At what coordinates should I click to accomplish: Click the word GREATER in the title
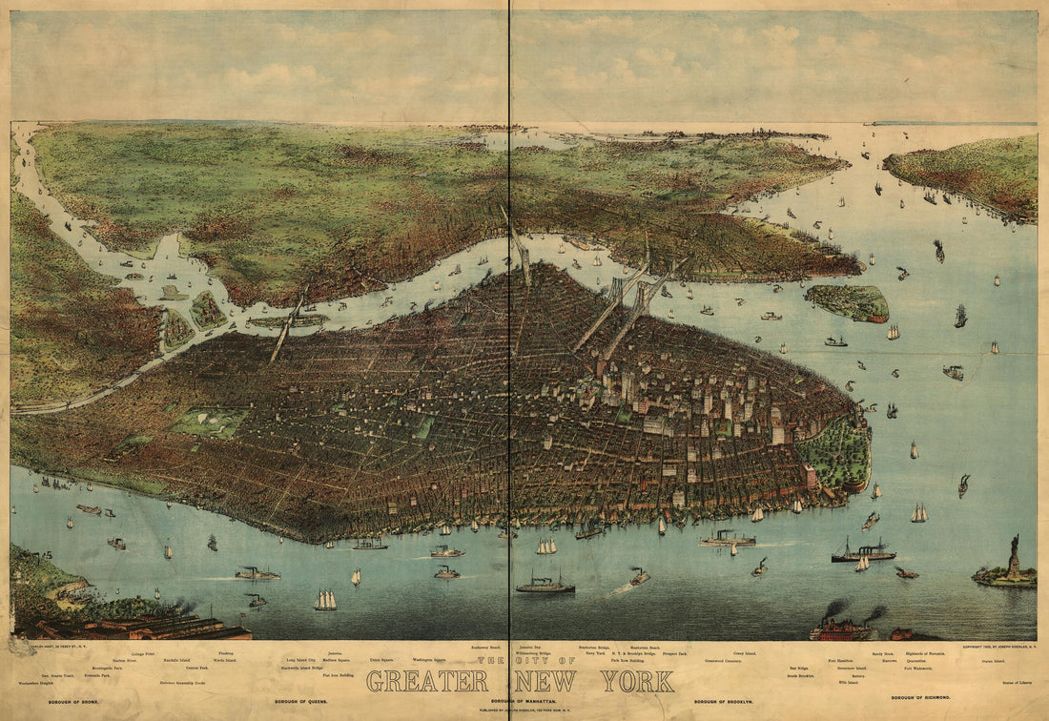(x=427, y=682)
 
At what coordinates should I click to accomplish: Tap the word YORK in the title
(x=637, y=682)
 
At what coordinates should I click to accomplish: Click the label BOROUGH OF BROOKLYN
(x=731, y=702)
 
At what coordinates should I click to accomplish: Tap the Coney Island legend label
(x=744, y=653)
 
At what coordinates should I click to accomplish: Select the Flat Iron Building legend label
(x=339, y=675)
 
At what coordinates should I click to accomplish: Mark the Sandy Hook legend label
(x=882, y=653)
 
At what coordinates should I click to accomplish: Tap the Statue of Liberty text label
(x=1017, y=683)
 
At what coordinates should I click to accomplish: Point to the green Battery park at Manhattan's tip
(x=836, y=454)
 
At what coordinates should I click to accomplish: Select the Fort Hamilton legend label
(x=840, y=660)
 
